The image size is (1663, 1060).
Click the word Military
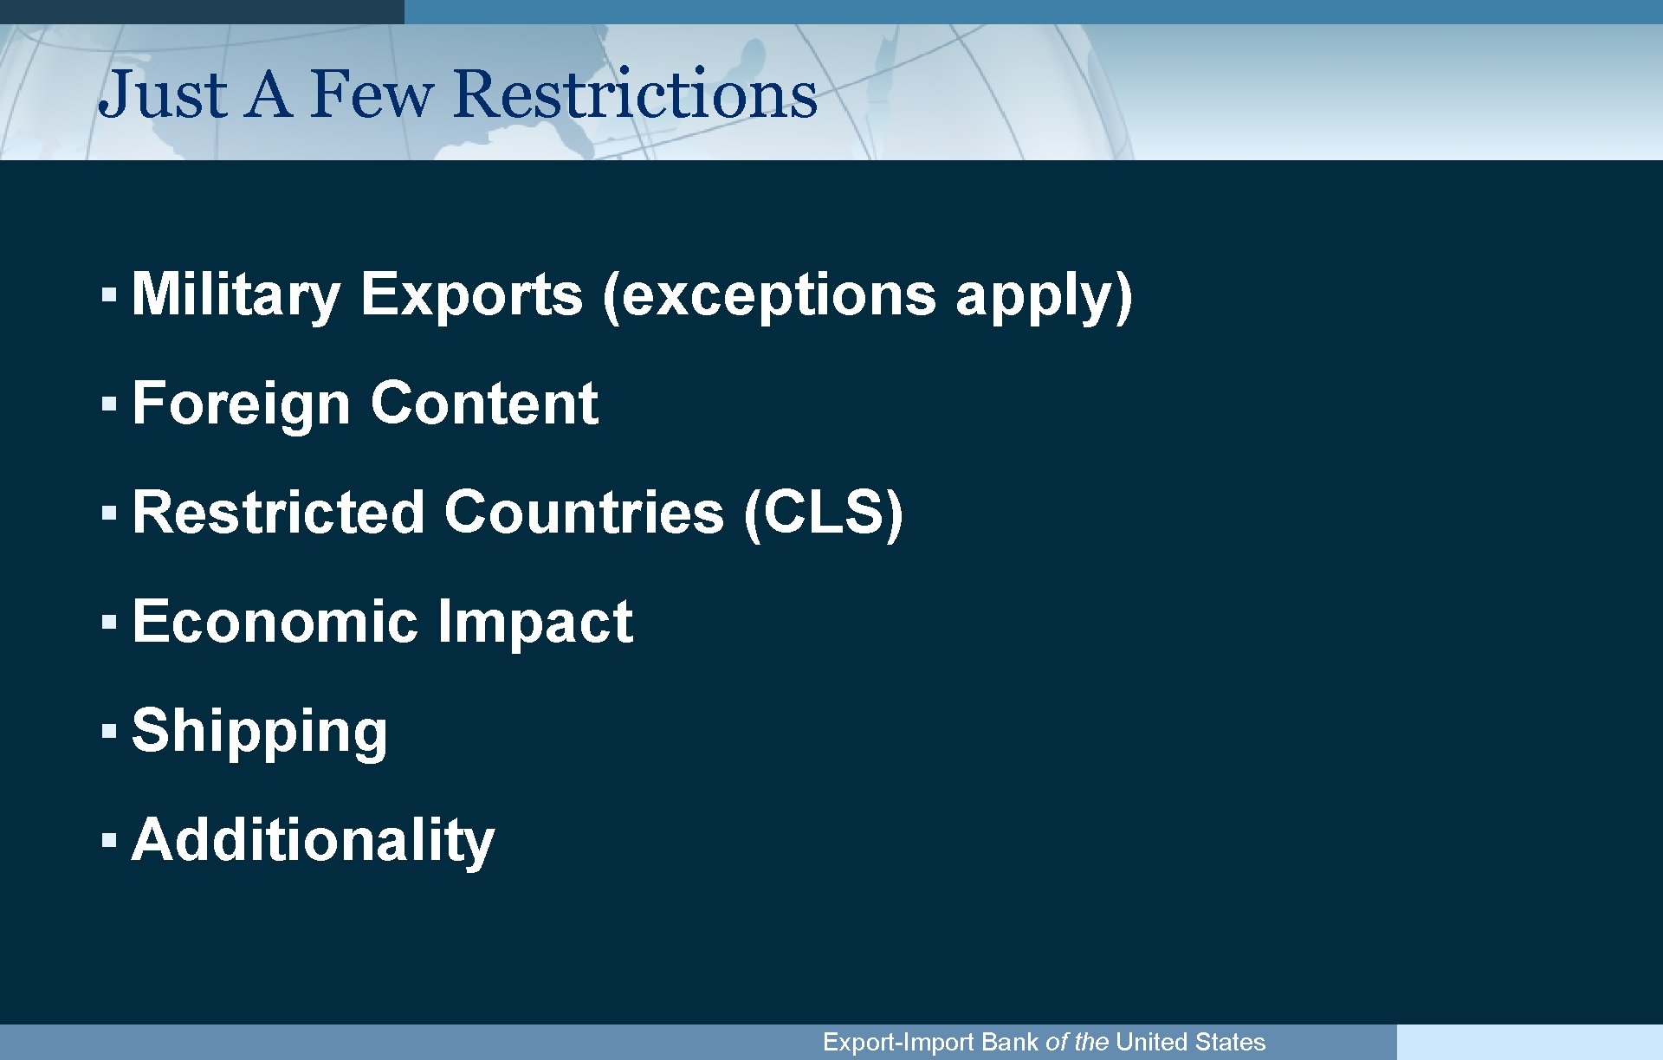[x=236, y=295]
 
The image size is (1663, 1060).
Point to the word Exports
[x=471, y=295]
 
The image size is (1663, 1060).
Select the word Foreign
[x=241, y=404]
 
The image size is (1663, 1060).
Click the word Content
[x=484, y=404]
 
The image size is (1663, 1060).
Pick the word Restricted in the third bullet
[x=278, y=513]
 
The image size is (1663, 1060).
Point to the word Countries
[x=584, y=513]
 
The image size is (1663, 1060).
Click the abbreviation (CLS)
[x=824, y=513]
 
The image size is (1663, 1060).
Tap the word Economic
[x=275, y=622]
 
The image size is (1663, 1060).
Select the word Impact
[x=535, y=622]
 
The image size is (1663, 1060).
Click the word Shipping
[x=260, y=732]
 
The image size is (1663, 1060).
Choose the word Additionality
[x=313, y=840]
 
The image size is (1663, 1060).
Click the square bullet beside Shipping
[x=108, y=731]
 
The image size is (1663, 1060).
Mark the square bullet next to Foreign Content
[x=108, y=404]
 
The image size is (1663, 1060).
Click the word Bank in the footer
[x=1010, y=1042]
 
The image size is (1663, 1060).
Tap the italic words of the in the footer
[x=1077, y=1042]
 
